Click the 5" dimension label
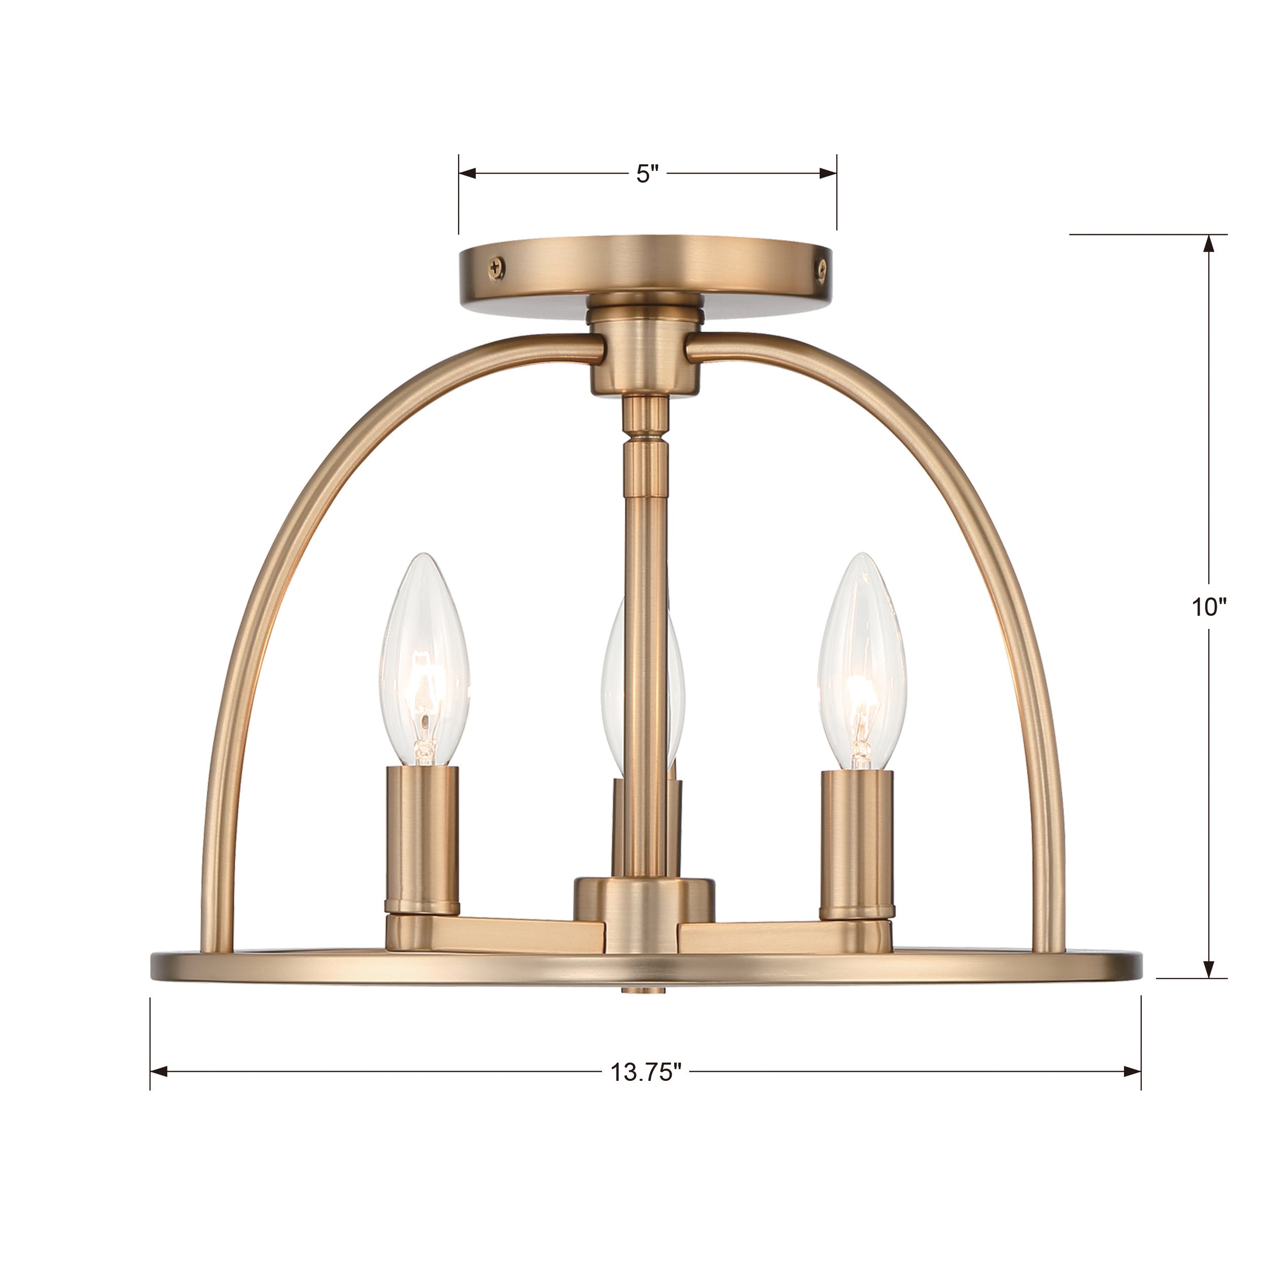647,174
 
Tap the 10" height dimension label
1209,607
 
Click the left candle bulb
425,663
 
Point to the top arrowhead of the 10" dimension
1208,243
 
